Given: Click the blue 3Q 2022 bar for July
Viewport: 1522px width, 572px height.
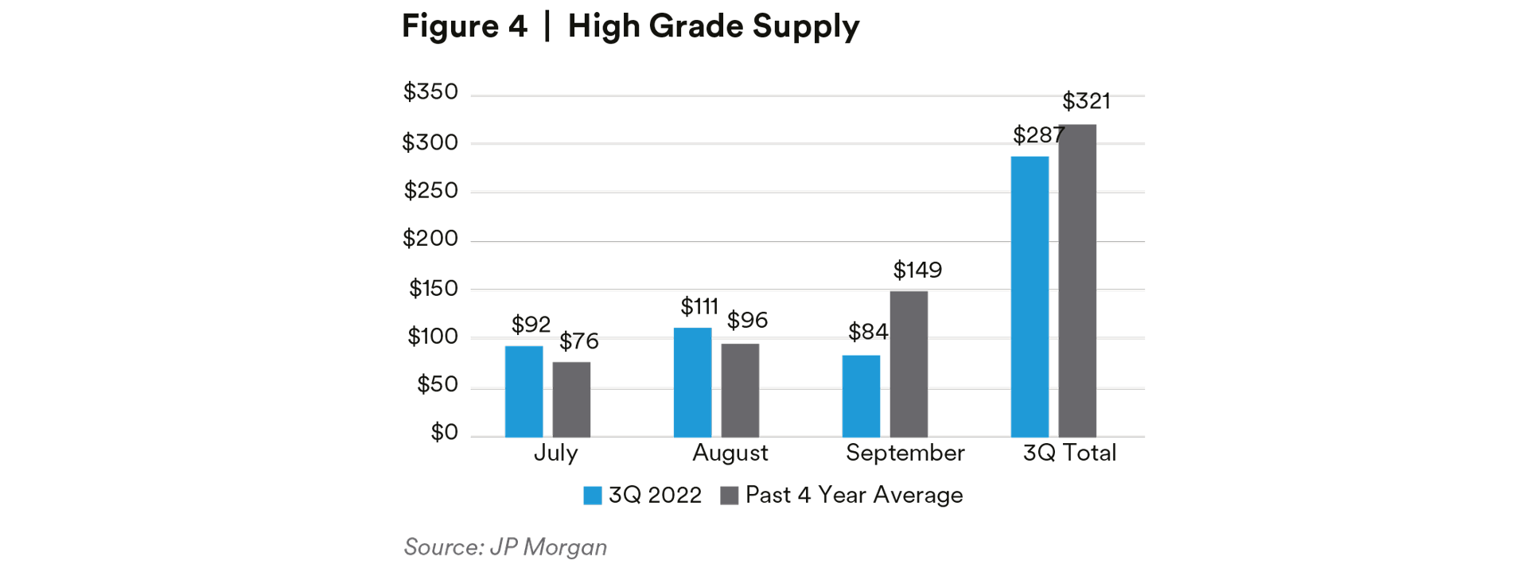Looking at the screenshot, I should tap(524, 391).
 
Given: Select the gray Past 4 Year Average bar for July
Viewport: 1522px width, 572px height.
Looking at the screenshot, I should tap(571, 399).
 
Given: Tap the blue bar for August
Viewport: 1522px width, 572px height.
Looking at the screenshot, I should tap(692, 382).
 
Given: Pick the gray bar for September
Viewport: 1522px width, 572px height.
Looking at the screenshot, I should tap(909, 364).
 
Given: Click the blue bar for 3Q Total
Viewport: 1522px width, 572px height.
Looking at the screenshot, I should tap(1030, 296).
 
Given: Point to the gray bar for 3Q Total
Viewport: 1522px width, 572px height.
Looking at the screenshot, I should tap(1077, 280).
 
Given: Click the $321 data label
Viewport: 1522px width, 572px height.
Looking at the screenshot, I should tap(1086, 101).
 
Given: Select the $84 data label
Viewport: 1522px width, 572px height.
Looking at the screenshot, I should tap(867, 332).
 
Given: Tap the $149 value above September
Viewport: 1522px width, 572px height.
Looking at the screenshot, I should tap(917, 270).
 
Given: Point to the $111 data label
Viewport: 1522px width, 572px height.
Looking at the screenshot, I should tap(699, 306).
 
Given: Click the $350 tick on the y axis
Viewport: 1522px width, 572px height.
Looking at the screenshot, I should tap(430, 92).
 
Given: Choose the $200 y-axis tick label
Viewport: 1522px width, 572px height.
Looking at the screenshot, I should tap(430, 239).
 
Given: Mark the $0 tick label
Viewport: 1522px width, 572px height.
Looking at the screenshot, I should tap(444, 432).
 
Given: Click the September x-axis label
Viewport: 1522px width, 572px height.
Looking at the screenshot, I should tap(905, 453).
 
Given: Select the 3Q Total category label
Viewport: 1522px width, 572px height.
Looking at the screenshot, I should tap(1069, 453).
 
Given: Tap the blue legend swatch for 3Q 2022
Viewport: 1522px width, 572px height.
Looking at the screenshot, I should tap(592, 496).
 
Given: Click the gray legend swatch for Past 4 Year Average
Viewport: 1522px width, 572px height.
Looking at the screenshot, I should tap(729, 496).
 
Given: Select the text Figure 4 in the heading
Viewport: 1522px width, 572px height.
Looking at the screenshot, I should tap(464, 26).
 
